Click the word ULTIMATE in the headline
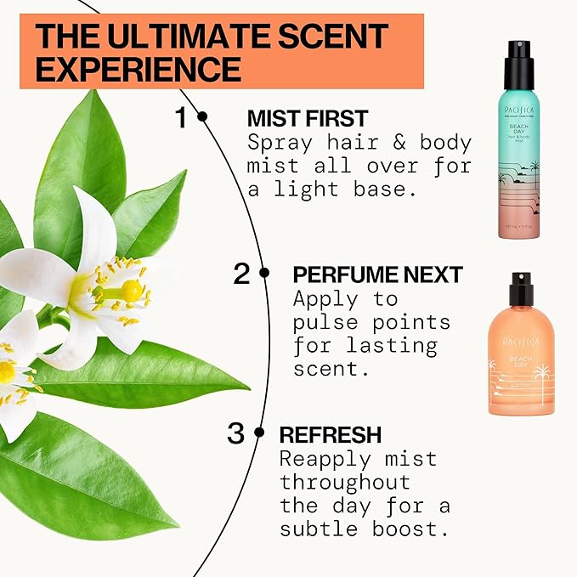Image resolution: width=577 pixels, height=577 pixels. pyautogui.click(x=175, y=35)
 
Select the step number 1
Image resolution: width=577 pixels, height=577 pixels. pyautogui.click(x=179, y=118)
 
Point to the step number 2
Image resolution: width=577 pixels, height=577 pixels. pyautogui.click(x=241, y=274)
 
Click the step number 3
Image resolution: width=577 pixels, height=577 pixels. pyautogui.click(x=235, y=433)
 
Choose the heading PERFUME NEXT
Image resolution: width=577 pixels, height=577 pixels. pyautogui.click(x=377, y=274)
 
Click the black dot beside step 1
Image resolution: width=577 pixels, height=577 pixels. pyautogui.click(x=202, y=117)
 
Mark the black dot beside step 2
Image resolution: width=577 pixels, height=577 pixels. pyautogui.click(x=264, y=273)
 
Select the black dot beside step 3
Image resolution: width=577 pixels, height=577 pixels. pyautogui.click(x=258, y=433)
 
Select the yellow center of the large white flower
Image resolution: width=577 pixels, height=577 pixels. pyautogui.click(x=130, y=291)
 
